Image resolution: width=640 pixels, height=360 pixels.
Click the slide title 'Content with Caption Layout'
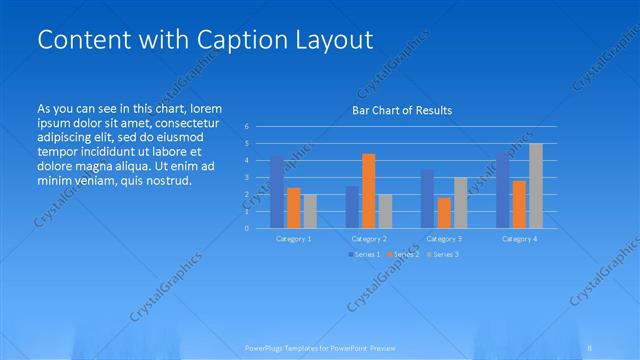(x=205, y=39)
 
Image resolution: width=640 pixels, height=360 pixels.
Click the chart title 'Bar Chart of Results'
(x=402, y=110)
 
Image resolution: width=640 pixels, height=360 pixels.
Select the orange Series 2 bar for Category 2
(x=368, y=190)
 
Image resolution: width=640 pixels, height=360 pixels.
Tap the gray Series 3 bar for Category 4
(x=536, y=185)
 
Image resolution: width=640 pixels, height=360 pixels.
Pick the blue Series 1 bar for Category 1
(x=276, y=191)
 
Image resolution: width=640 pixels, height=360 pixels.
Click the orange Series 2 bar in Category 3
(x=444, y=212)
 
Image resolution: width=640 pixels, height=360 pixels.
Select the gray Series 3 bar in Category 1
(x=310, y=211)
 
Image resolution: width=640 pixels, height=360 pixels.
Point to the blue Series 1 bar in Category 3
(x=427, y=198)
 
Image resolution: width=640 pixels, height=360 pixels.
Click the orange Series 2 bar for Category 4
(x=519, y=203)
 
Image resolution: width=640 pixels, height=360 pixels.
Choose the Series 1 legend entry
(x=365, y=254)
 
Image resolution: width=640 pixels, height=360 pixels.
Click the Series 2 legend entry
(x=403, y=254)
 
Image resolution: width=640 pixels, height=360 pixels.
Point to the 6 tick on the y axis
(x=246, y=127)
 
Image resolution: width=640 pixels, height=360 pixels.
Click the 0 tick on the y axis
(x=246, y=228)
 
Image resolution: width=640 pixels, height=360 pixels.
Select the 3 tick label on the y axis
(x=246, y=177)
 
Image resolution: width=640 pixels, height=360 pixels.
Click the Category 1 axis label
(x=293, y=239)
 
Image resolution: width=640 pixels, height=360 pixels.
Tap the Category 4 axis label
(x=519, y=239)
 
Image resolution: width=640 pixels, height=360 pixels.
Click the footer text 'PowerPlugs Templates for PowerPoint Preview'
(x=320, y=347)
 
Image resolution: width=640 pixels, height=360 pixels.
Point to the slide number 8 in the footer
(x=590, y=347)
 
